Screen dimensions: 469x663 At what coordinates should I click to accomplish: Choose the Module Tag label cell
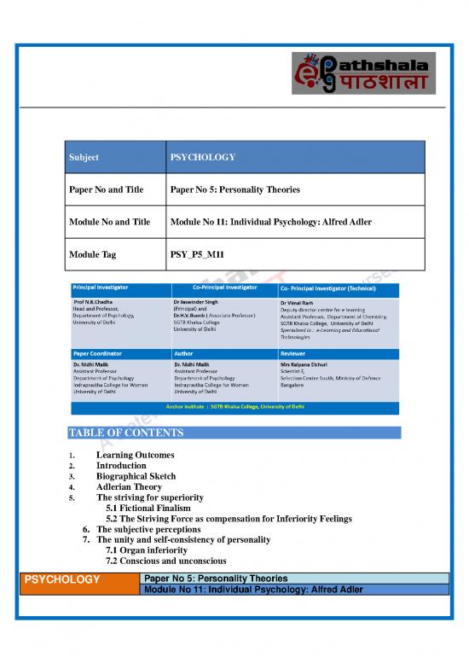tap(98, 254)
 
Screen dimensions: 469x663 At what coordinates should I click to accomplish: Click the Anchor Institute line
tap(234, 407)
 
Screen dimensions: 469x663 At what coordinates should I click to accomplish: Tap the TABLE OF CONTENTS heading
tap(124, 433)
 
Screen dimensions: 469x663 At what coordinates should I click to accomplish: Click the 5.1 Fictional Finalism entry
tap(148, 508)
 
